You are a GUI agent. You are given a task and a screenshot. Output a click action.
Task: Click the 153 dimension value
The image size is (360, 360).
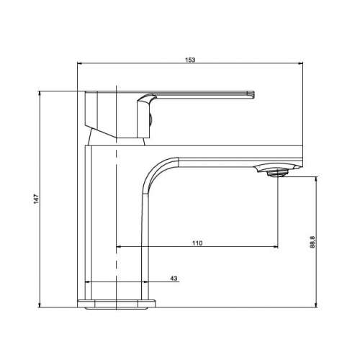coord(191,59)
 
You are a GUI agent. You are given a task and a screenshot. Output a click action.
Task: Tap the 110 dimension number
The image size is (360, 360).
coord(197,243)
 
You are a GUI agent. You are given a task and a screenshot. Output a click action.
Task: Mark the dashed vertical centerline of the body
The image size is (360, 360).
coord(116,216)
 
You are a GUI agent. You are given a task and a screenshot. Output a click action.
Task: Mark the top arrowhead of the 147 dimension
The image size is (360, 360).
coord(42,94)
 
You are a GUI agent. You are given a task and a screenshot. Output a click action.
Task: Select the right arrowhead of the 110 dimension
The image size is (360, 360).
coord(276,248)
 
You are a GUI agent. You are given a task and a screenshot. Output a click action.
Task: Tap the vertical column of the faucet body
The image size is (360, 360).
coord(101,216)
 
